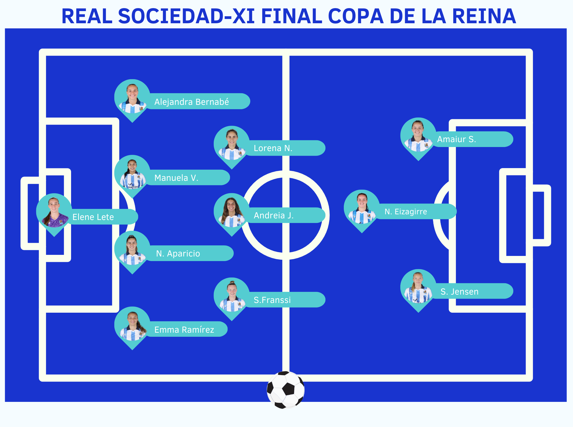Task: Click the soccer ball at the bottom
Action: pyautogui.click(x=285, y=389)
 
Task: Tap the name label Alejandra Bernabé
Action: pyautogui.click(x=192, y=102)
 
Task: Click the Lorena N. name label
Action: pyautogui.click(x=273, y=148)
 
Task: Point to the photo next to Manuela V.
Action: pyautogui.click(x=132, y=173)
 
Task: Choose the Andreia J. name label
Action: pyautogui.click(x=274, y=215)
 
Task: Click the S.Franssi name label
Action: pyautogui.click(x=272, y=300)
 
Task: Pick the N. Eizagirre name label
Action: pyautogui.click(x=406, y=212)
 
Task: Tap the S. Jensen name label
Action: pyautogui.click(x=459, y=292)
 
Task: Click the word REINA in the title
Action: pyautogui.click(x=484, y=16)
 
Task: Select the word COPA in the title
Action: pyautogui.click(x=356, y=16)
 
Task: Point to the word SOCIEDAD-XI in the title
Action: pyautogui.click(x=186, y=16)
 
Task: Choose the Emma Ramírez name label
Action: pyautogui.click(x=184, y=330)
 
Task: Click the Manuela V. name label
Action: pyautogui.click(x=176, y=178)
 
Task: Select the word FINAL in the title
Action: pyautogui.click(x=291, y=16)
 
